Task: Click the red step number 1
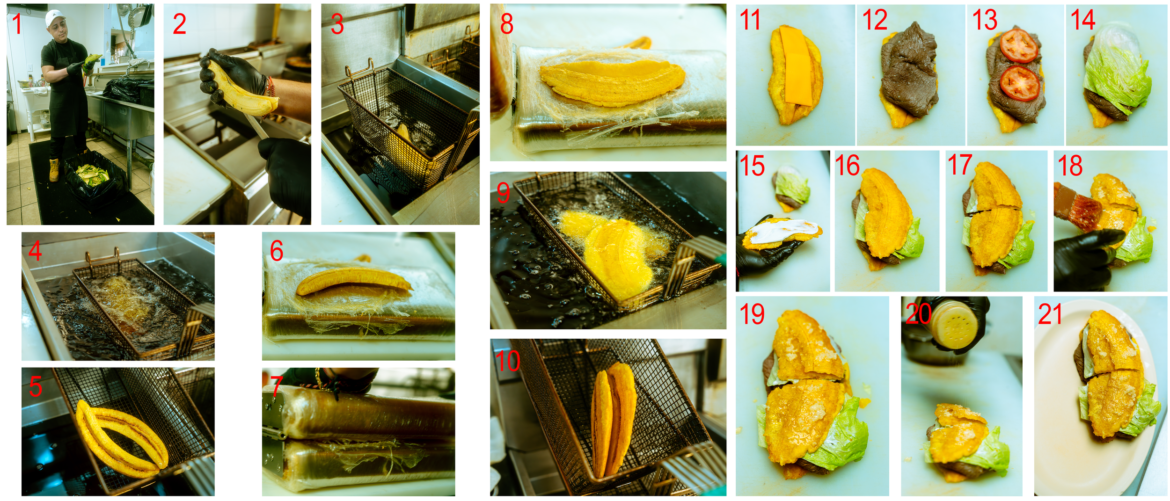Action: coord(17,24)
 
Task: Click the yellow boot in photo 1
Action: coord(55,169)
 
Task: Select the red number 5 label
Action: coord(36,386)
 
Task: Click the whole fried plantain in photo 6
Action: coord(354,281)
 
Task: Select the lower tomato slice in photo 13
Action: coord(1020,83)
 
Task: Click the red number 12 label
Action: coord(874,20)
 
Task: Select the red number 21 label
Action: coord(1050,314)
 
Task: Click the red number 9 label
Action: coord(503,192)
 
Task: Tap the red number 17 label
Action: coord(959,165)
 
